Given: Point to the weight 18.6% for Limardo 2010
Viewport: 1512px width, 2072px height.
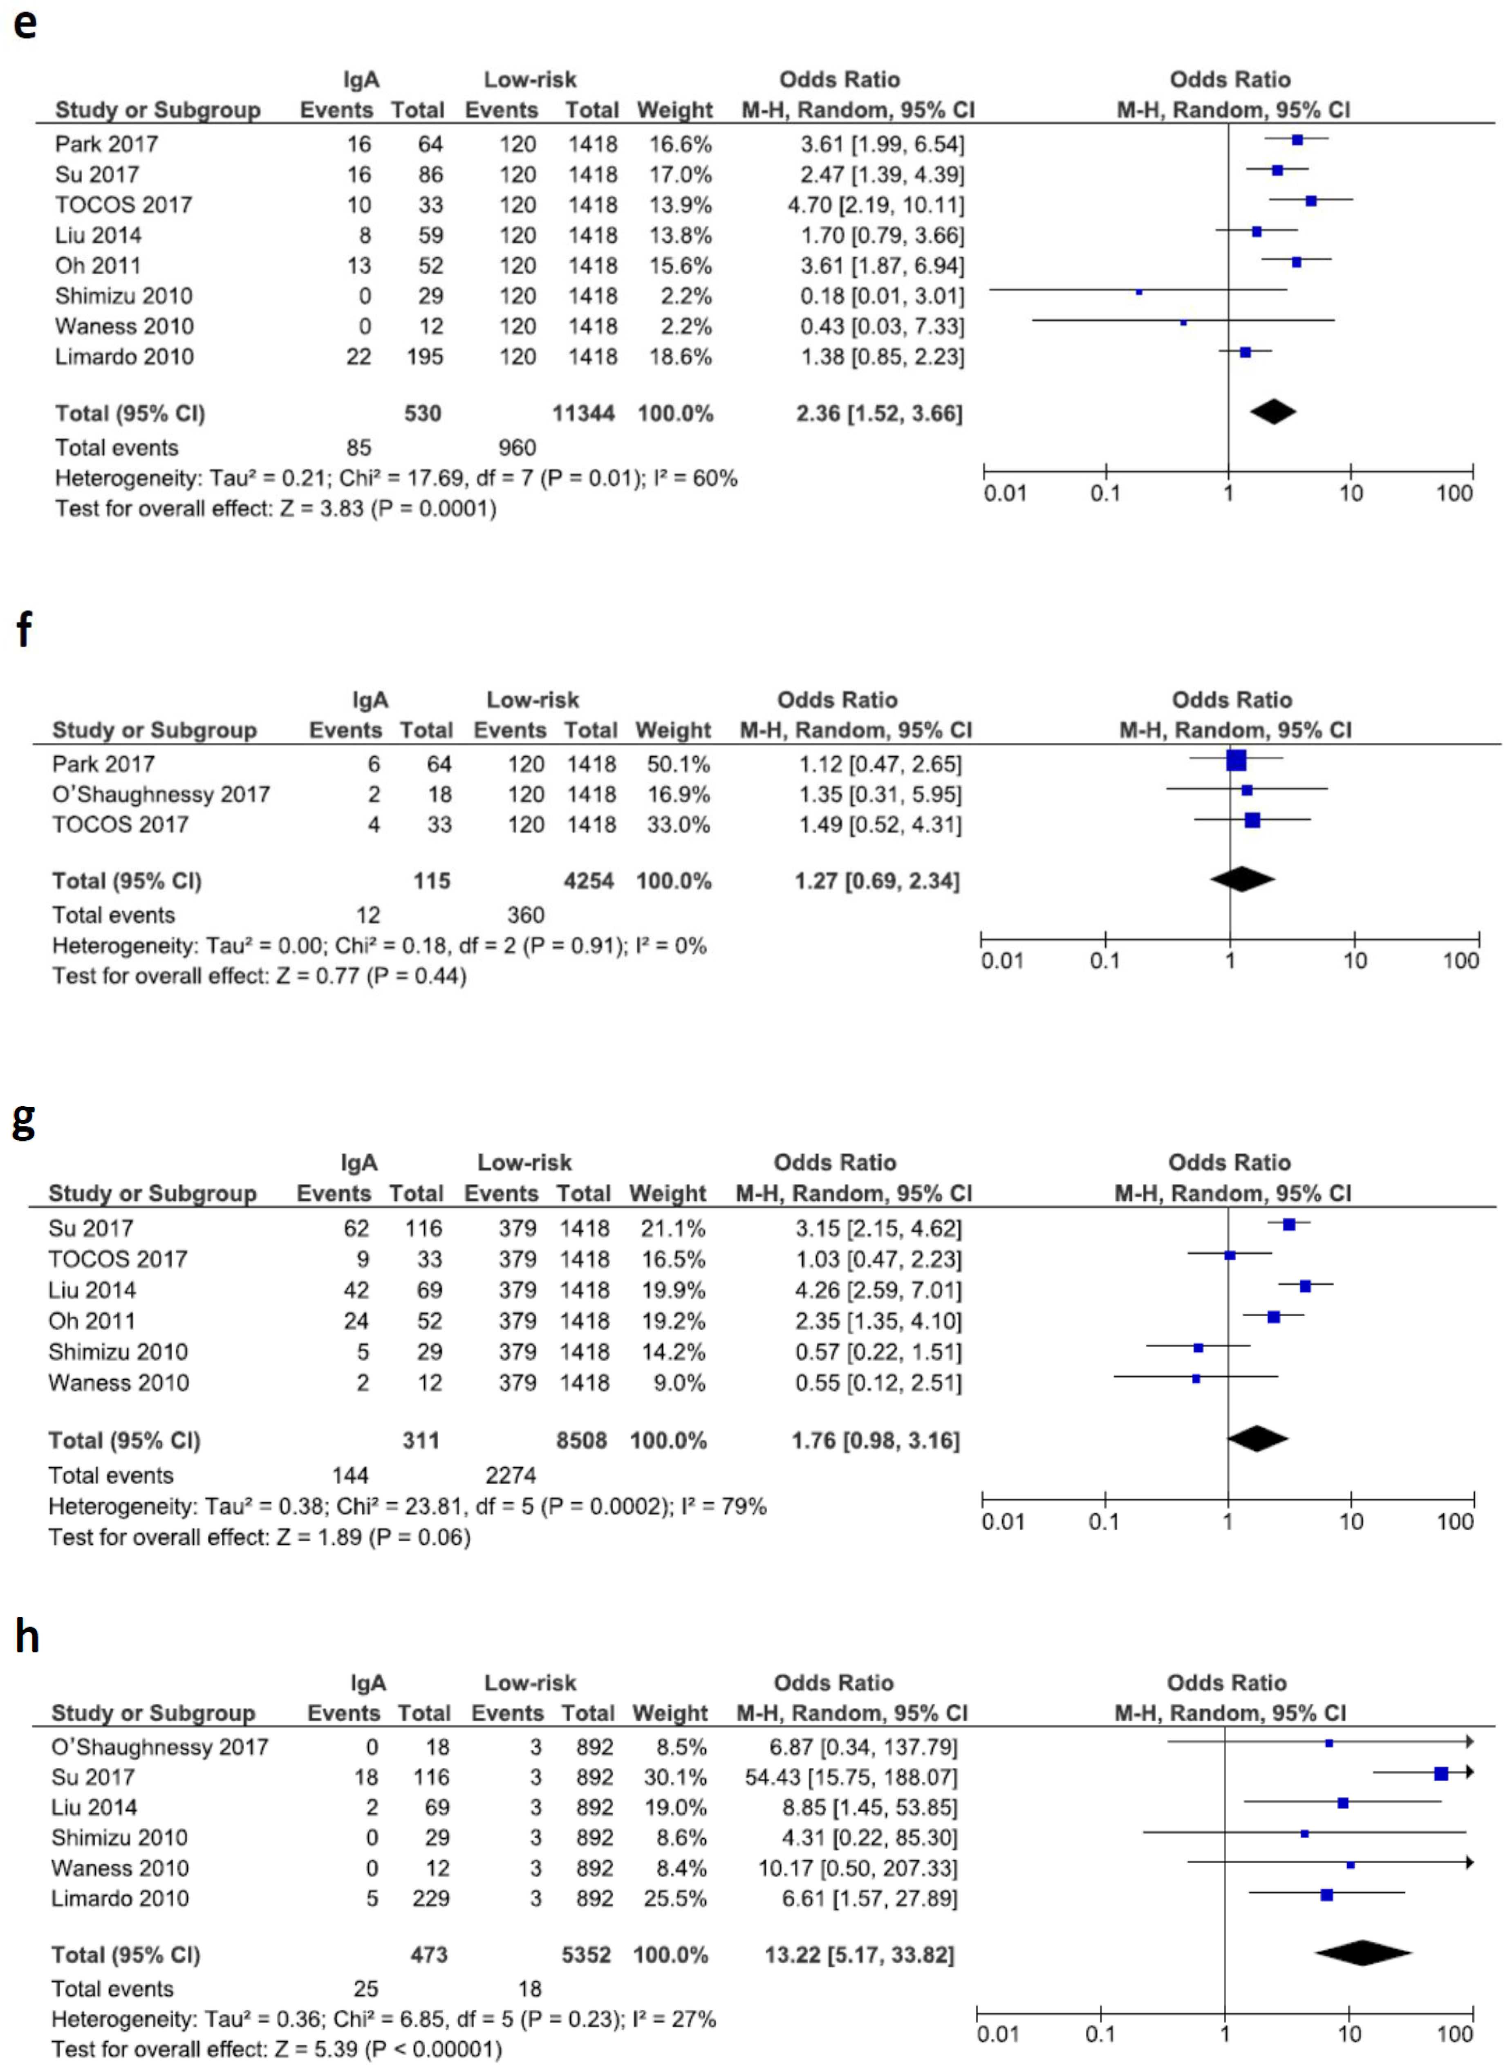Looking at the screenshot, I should coord(680,356).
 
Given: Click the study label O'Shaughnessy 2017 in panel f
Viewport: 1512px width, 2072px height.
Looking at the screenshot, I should coord(161,794).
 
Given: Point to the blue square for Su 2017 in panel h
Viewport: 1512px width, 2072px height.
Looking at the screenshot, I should coord(1440,1773).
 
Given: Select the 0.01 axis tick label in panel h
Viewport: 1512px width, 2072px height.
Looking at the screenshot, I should coord(998,2034).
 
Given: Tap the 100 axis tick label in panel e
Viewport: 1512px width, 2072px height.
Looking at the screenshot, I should coord(1454,494).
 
